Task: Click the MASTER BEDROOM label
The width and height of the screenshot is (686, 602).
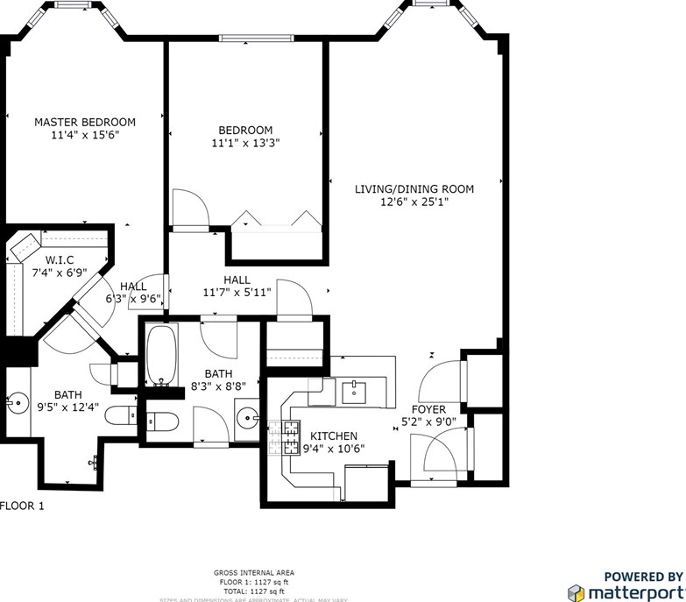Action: pyautogui.click(x=85, y=122)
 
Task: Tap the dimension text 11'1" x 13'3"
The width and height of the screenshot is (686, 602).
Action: pyautogui.click(x=245, y=143)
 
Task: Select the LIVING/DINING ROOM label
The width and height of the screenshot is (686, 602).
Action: pyautogui.click(x=414, y=188)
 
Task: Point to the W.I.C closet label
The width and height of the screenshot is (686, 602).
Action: pyautogui.click(x=60, y=260)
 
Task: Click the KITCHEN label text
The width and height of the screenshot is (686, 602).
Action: pyautogui.click(x=333, y=436)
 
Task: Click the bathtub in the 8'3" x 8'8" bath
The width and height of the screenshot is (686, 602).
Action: pyautogui.click(x=162, y=357)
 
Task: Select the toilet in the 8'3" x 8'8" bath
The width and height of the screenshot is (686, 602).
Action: pyautogui.click(x=162, y=422)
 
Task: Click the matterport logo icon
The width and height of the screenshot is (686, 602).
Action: pyautogui.click(x=576, y=592)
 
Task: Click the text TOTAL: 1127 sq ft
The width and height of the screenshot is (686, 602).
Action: pyautogui.click(x=252, y=591)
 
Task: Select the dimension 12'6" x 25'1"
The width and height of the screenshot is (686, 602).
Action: pyautogui.click(x=414, y=202)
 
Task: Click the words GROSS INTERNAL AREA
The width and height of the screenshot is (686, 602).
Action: pyautogui.click(x=252, y=572)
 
